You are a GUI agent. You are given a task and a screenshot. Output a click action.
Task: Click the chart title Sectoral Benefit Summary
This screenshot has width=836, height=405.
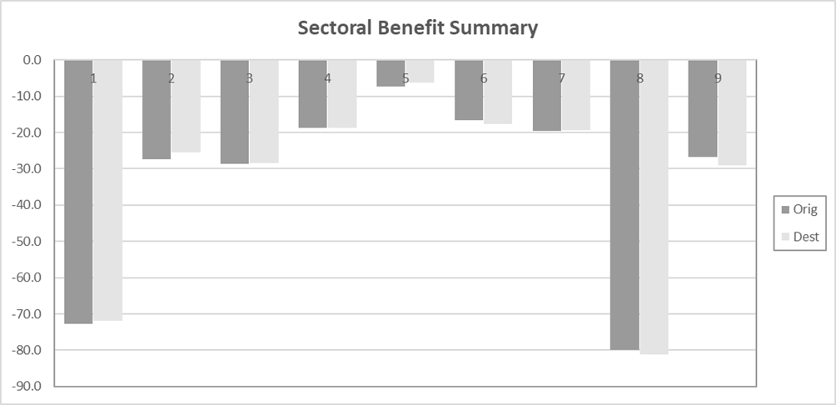418,27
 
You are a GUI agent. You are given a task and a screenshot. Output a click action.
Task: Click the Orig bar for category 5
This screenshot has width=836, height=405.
391,73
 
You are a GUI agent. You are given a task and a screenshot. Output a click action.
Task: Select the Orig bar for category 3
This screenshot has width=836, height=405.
234,117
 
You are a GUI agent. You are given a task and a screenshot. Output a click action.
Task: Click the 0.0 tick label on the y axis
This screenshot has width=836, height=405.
32,60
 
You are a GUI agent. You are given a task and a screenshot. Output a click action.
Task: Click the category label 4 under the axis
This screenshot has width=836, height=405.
327,78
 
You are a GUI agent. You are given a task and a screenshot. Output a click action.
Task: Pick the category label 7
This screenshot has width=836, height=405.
562,78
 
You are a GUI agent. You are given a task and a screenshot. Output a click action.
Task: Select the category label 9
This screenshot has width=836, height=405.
718,78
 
